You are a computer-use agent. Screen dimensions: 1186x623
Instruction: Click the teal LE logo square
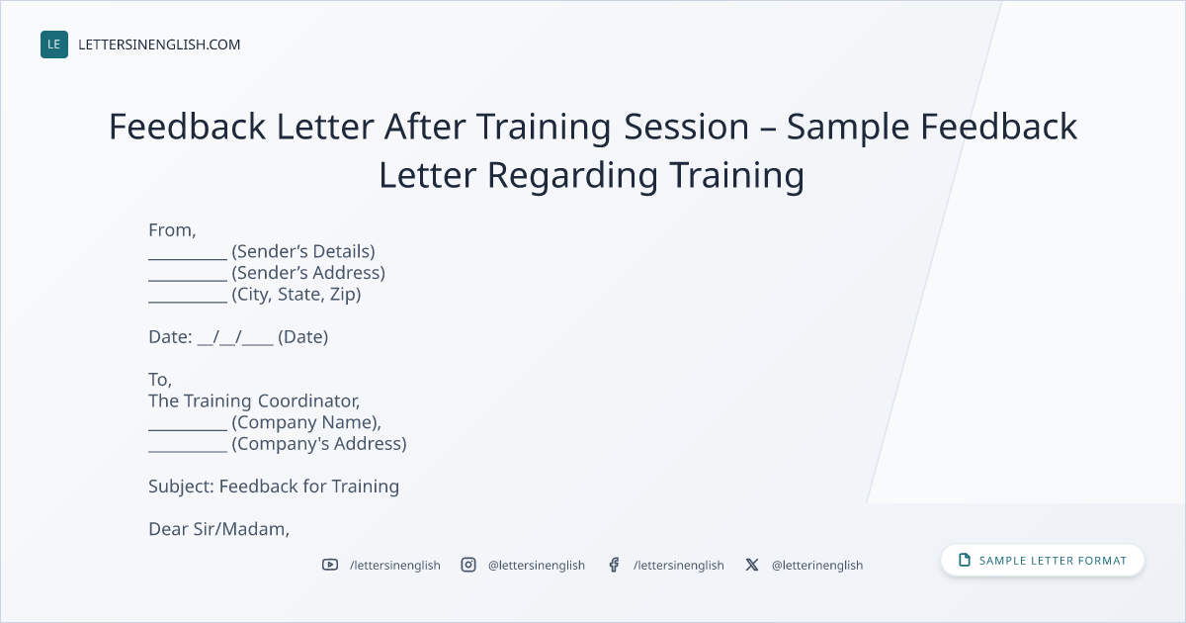pyautogui.click(x=54, y=44)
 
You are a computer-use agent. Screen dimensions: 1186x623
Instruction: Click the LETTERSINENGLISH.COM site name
pyautogui.click(x=159, y=45)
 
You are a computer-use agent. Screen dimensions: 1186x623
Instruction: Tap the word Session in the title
pyautogui.click(x=686, y=127)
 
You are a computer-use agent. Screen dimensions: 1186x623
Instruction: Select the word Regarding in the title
pyautogui.click(x=573, y=176)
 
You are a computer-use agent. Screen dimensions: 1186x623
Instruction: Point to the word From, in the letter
pyautogui.click(x=172, y=230)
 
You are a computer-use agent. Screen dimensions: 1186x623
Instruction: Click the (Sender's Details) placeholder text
pyautogui.click(x=303, y=251)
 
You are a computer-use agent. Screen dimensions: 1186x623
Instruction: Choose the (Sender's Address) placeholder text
pyautogui.click(x=308, y=273)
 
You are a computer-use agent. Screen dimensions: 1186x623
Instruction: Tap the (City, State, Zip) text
pyautogui.click(x=296, y=294)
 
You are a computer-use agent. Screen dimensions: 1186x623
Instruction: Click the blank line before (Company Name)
pyautogui.click(x=188, y=430)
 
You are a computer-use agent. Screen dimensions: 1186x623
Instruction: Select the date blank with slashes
pyautogui.click(x=235, y=337)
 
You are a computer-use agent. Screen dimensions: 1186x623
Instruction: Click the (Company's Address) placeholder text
pyautogui.click(x=319, y=444)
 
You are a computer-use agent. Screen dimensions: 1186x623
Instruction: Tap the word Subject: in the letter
pyautogui.click(x=181, y=487)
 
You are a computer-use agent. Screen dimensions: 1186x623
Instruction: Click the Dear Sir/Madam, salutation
pyautogui.click(x=218, y=529)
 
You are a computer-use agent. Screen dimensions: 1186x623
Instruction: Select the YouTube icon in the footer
pyautogui.click(x=330, y=565)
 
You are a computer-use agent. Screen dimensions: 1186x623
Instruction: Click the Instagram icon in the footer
pyautogui.click(x=468, y=565)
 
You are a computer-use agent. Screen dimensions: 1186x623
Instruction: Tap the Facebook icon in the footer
pyautogui.click(x=614, y=565)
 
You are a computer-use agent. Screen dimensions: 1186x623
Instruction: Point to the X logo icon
pyautogui.click(x=752, y=565)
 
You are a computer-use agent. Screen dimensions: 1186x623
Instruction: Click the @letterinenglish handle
pyautogui.click(x=817, y=566)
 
